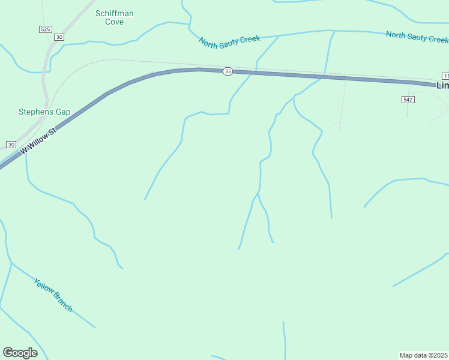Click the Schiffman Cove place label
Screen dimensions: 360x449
coord(114,17)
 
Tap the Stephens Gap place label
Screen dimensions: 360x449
coord(44,112)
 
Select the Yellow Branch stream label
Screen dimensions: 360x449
coord(53,295)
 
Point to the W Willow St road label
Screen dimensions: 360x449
coord(38,139)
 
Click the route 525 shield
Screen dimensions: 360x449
coord(45,29)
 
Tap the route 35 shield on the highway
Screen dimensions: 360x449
coord(228,71)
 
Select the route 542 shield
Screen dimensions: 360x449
coord(408,99)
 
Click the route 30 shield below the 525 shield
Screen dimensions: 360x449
coord(58,37)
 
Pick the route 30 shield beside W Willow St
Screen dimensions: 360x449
coord(11,145)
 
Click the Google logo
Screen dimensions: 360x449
coord(20,353)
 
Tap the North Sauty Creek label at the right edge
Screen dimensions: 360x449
coord(417,37)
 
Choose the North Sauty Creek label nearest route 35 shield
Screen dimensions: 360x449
coord(229,41)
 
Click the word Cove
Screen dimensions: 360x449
coord(114,22)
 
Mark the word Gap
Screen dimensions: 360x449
coord(63,112)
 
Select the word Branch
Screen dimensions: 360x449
coord(62,302)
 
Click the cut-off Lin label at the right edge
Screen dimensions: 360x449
coord(442,85)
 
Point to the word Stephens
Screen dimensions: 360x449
coord(36,112)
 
